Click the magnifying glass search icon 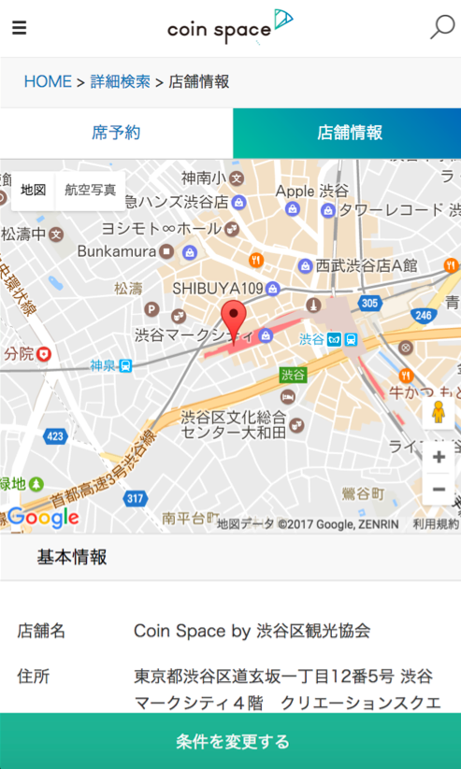(441, 27)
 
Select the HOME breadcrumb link (48, 81)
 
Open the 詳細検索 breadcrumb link (121, 81)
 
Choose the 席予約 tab (116, 133)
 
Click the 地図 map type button (34, 190)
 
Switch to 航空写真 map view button (91, 190)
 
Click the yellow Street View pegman (439, 412)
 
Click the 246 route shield (423, 316)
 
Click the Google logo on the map (43, 517)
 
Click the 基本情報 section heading (72, 558)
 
